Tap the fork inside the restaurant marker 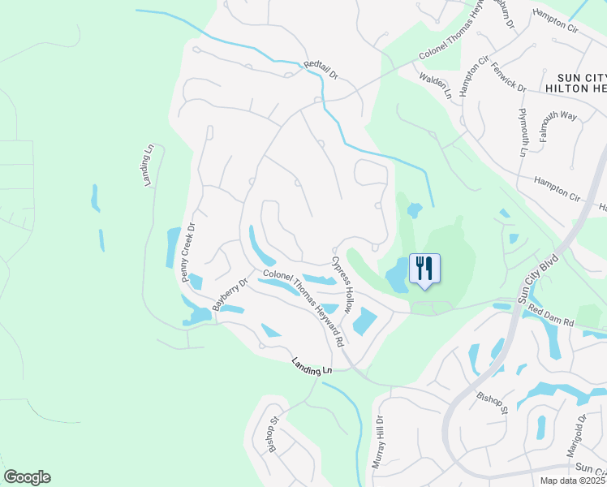(420, 267)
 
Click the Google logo (27, 477)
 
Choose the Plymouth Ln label (523, 131)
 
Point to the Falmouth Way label (555, 116)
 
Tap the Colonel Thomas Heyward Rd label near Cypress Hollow (303, 304)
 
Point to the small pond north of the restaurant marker (414, 211)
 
